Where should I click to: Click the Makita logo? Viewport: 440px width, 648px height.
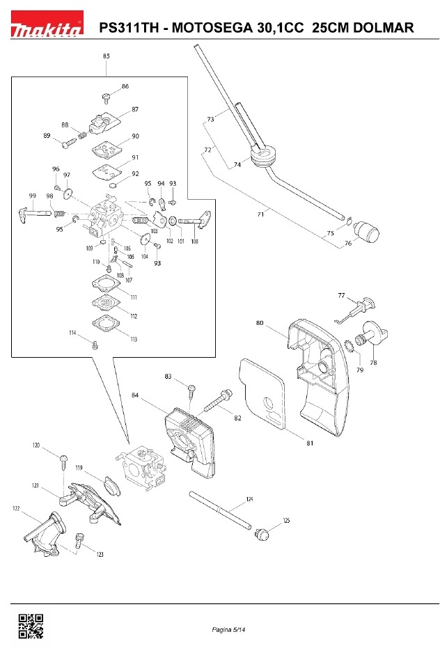click(x=47, y=23)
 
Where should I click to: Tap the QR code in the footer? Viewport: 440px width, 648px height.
click(x=31, y=626)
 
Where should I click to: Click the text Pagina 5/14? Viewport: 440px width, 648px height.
click(x=228, y=630)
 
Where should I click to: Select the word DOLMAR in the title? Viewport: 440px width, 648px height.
click(x=384, y=27)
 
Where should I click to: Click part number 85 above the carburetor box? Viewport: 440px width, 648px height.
click(x=107, y=56)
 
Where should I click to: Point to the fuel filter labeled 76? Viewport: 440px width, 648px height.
click(x=367, y=231)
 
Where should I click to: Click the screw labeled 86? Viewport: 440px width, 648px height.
click(x=107, y=98)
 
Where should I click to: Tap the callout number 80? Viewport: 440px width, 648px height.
click(x=260, y=323)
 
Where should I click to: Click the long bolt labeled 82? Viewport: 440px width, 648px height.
click(x=217, y=401)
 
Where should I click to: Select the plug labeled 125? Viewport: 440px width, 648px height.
click(x=262, y=535)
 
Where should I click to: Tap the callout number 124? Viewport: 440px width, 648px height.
click(x=249, y=499)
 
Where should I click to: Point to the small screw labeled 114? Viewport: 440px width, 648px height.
click(x=95, y=344)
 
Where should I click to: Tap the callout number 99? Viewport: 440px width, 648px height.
click(x=33, y=196)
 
